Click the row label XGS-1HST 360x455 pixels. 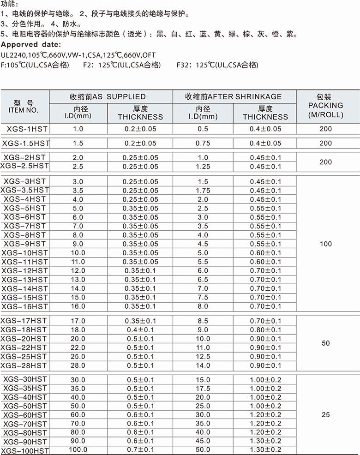25,129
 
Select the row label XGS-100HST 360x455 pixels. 25,450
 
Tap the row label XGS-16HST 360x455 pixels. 25,306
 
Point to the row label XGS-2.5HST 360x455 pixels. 25,166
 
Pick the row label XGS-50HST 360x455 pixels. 25,406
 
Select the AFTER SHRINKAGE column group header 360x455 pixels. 233,97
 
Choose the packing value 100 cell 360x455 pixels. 325,244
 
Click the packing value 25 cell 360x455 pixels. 325,415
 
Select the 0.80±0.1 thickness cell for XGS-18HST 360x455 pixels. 265,330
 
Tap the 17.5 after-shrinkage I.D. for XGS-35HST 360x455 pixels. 203,389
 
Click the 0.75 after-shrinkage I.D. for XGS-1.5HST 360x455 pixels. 203,144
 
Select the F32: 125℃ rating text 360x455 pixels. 217,65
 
